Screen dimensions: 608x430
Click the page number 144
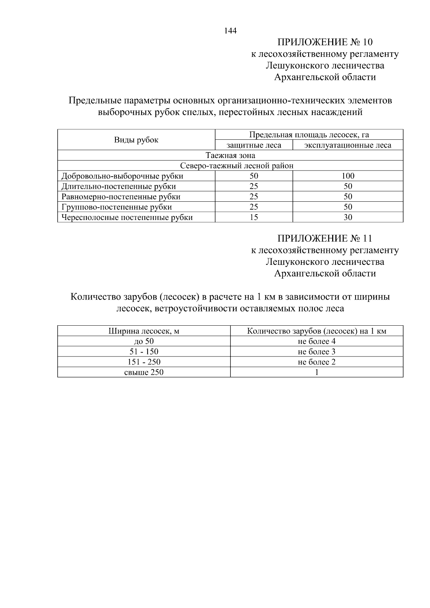pyautogui.click(x=230, y=31)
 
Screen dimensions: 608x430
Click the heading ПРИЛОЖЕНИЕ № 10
pyautogui.click(x=325, y=42)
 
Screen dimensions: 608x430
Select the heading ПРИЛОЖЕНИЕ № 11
pyautogui.click(x=325, y=239)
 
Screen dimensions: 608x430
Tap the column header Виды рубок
pyautogui.click(x=136, y=140)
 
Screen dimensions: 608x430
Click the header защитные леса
pyautogui.click(x=254, y=145)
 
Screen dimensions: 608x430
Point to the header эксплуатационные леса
pyautogui.click(x=348, y=145)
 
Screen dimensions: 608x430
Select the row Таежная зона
pyautogui.click(x=230, y=155)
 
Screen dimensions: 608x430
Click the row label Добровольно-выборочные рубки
pyautogui.click(x=122, y=176)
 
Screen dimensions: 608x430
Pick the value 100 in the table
pyautogui.click(x=348, y=176)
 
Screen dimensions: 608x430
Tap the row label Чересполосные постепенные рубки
pyautogui.click(x=127, y=217)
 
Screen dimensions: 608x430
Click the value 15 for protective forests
pyautogui.click(x=254, y=217)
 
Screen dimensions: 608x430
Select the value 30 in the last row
pyautogui.click(x=348, y=217)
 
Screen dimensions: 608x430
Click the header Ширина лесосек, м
pyautogui.click(x=144, y=331)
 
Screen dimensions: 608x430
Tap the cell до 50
pyautogui.click(x=144, y=341)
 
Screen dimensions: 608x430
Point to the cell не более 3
pyautogui.click(x=316, y=352)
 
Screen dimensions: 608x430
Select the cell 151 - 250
pyautogui.click(x=144, y=362)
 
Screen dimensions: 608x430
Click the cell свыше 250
pyautogui.click(x=144, y=372)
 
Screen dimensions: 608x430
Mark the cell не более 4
pyautogui.click(x=316, y=341)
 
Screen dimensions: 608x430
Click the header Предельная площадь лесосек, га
pyautogui.click(x=309, y=135)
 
